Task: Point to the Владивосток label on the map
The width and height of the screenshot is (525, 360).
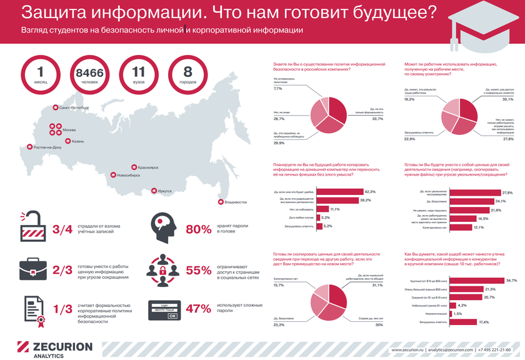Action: click(236, 202)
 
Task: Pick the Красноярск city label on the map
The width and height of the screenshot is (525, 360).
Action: click(148, 167)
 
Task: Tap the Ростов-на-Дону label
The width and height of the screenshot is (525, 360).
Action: click(44, 147)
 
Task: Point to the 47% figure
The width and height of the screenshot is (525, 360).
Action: click(198, 308)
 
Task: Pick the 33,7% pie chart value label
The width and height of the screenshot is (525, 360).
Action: click(377, 119)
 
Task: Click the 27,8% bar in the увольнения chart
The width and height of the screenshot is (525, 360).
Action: click(472, 192)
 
